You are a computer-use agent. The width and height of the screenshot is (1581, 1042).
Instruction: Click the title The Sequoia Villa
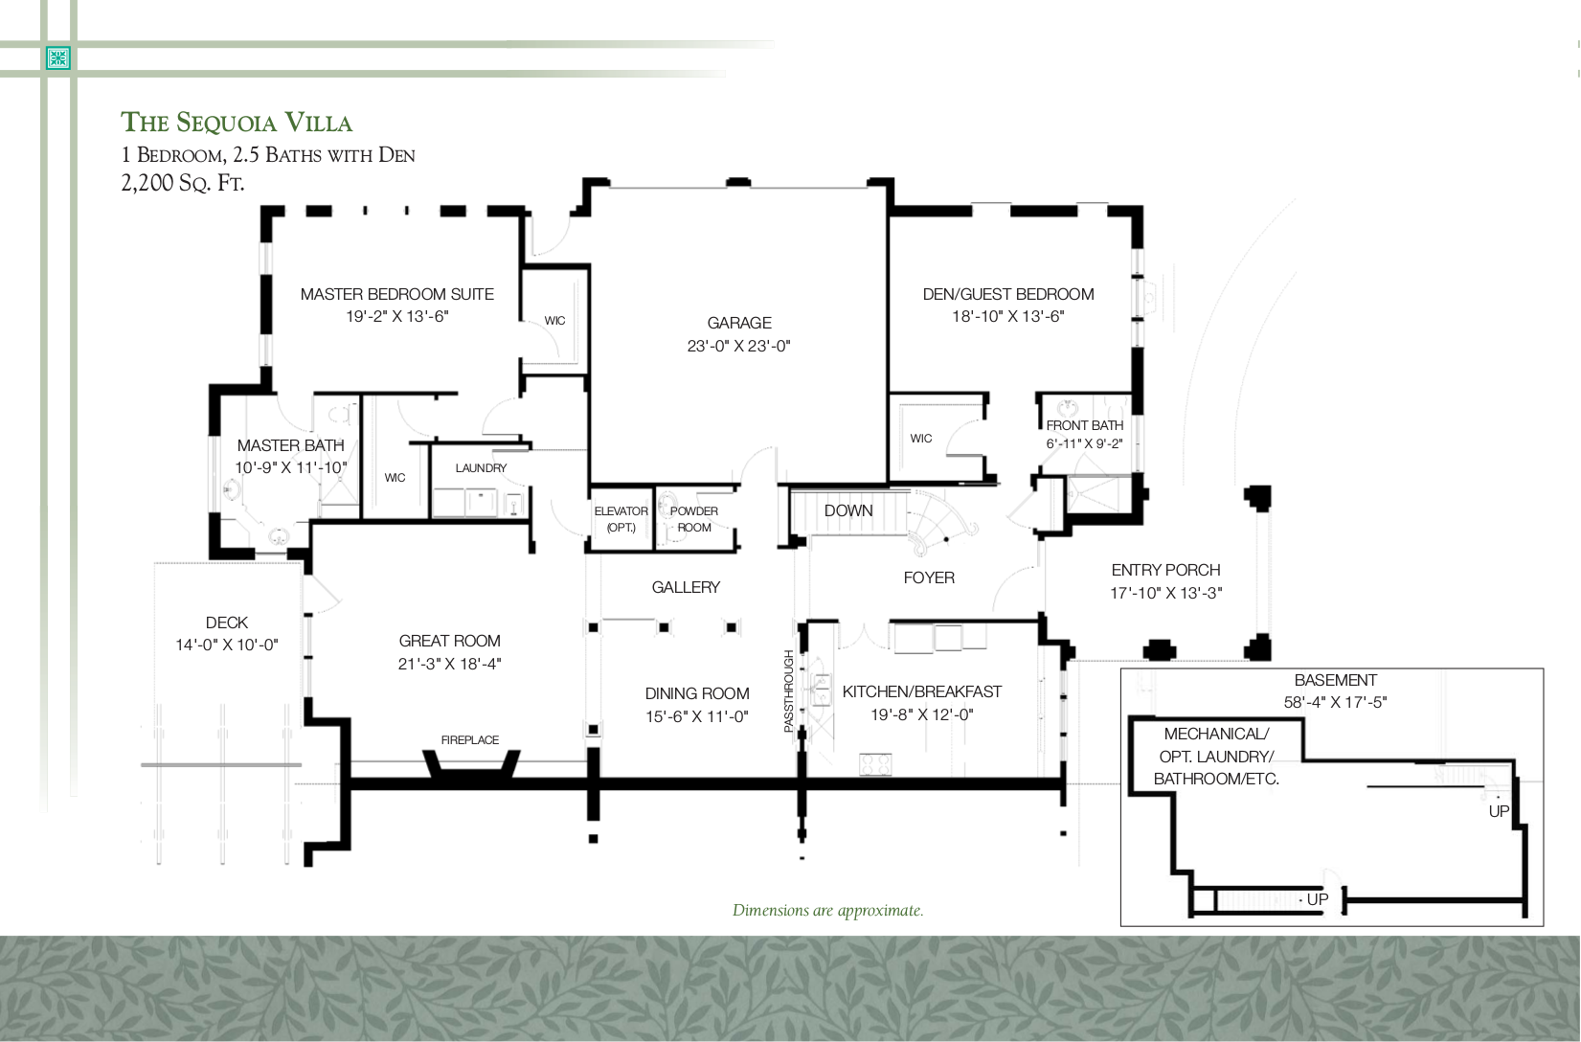pyautogui.click(x=237, y=123)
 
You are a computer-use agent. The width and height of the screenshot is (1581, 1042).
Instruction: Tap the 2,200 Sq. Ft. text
pyautogui.click(x=183, y=182)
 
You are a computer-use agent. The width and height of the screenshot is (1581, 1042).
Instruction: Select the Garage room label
pyautogui.click(x=739, y=323)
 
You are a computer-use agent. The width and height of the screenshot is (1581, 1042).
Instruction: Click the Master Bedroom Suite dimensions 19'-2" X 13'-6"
pyautogui.click(x=397, y=316)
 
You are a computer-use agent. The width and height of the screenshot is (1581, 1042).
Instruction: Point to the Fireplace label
pyautogui.click(x=469, y=739)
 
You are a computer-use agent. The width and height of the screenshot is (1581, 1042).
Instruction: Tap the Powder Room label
pyautogui.click(x=694, y=518)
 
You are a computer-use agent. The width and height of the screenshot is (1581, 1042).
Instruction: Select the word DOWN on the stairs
pyautogui.click(x=848, y=510)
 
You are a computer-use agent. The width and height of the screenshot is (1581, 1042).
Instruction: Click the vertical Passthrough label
pyautogui.click(x=789, y=691)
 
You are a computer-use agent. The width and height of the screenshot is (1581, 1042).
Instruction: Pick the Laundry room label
pyautogui.click(x=481, y=467)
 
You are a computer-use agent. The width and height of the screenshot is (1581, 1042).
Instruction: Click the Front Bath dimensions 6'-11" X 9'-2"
pyautogui.click(x=1084, y=443)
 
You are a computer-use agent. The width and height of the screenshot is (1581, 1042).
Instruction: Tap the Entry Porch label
pyautogui.click(x=1165, y=570)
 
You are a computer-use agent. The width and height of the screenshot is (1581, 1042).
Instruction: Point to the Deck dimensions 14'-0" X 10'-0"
pyautogui.click(x=227, y=645)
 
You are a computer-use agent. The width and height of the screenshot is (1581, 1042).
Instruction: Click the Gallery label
pyautogui.click(x=686, y=587)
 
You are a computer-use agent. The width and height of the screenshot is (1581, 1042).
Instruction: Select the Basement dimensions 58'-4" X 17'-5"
pyautogui.click(x=1335, y=702)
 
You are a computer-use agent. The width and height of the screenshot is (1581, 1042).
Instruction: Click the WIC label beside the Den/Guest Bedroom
pyautogui.click(x=920, y=438)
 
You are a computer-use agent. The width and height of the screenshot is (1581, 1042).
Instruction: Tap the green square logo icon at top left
pyautogui.click(x=59, y=58)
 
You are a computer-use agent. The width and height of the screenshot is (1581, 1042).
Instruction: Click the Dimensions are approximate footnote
pyautogui.click(x=827, y=910)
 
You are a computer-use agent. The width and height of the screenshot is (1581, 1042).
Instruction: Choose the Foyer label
pyautogui.click(x=929, y=578)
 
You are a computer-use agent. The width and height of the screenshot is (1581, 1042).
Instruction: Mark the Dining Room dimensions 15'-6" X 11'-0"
pyautogui.click(x=697, y=716)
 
